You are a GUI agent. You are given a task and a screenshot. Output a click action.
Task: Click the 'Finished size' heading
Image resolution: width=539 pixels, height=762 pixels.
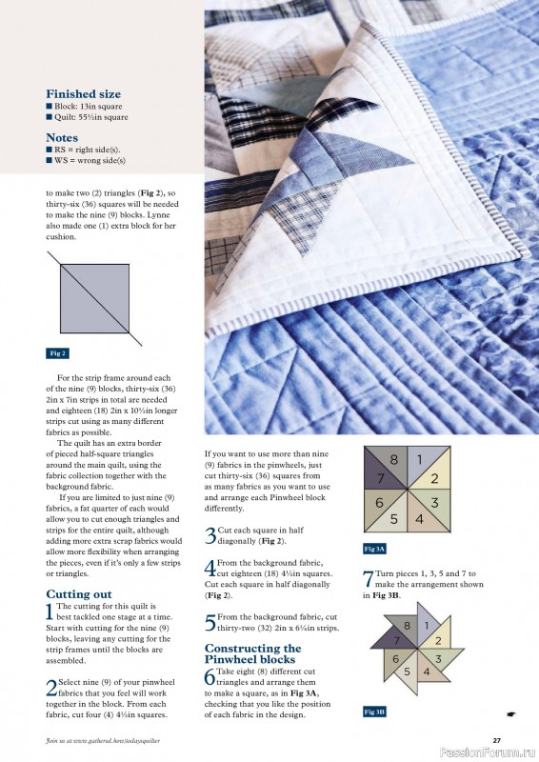point(83,94)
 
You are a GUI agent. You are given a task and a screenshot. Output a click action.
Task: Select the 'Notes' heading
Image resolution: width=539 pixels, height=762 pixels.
point(62,137)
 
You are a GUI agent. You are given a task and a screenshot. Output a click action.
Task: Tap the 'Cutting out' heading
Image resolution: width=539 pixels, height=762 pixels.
point(79,593)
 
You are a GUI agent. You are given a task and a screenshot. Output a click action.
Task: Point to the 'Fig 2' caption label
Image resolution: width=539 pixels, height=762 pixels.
point(57,352)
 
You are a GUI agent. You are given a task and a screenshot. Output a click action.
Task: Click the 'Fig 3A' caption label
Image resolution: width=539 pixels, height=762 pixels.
point(374,550)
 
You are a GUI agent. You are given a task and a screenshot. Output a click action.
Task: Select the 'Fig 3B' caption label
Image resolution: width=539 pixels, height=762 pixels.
point(374,712)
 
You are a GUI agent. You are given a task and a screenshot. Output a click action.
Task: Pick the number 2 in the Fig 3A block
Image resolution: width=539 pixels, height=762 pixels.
point(434,478)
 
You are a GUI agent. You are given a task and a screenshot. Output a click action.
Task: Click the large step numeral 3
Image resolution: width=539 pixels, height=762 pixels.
point(210,535)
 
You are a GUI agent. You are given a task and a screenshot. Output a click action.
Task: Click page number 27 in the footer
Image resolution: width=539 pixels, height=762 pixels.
point(496,740)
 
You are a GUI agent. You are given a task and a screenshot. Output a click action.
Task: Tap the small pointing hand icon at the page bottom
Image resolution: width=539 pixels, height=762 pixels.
point(512,712)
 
